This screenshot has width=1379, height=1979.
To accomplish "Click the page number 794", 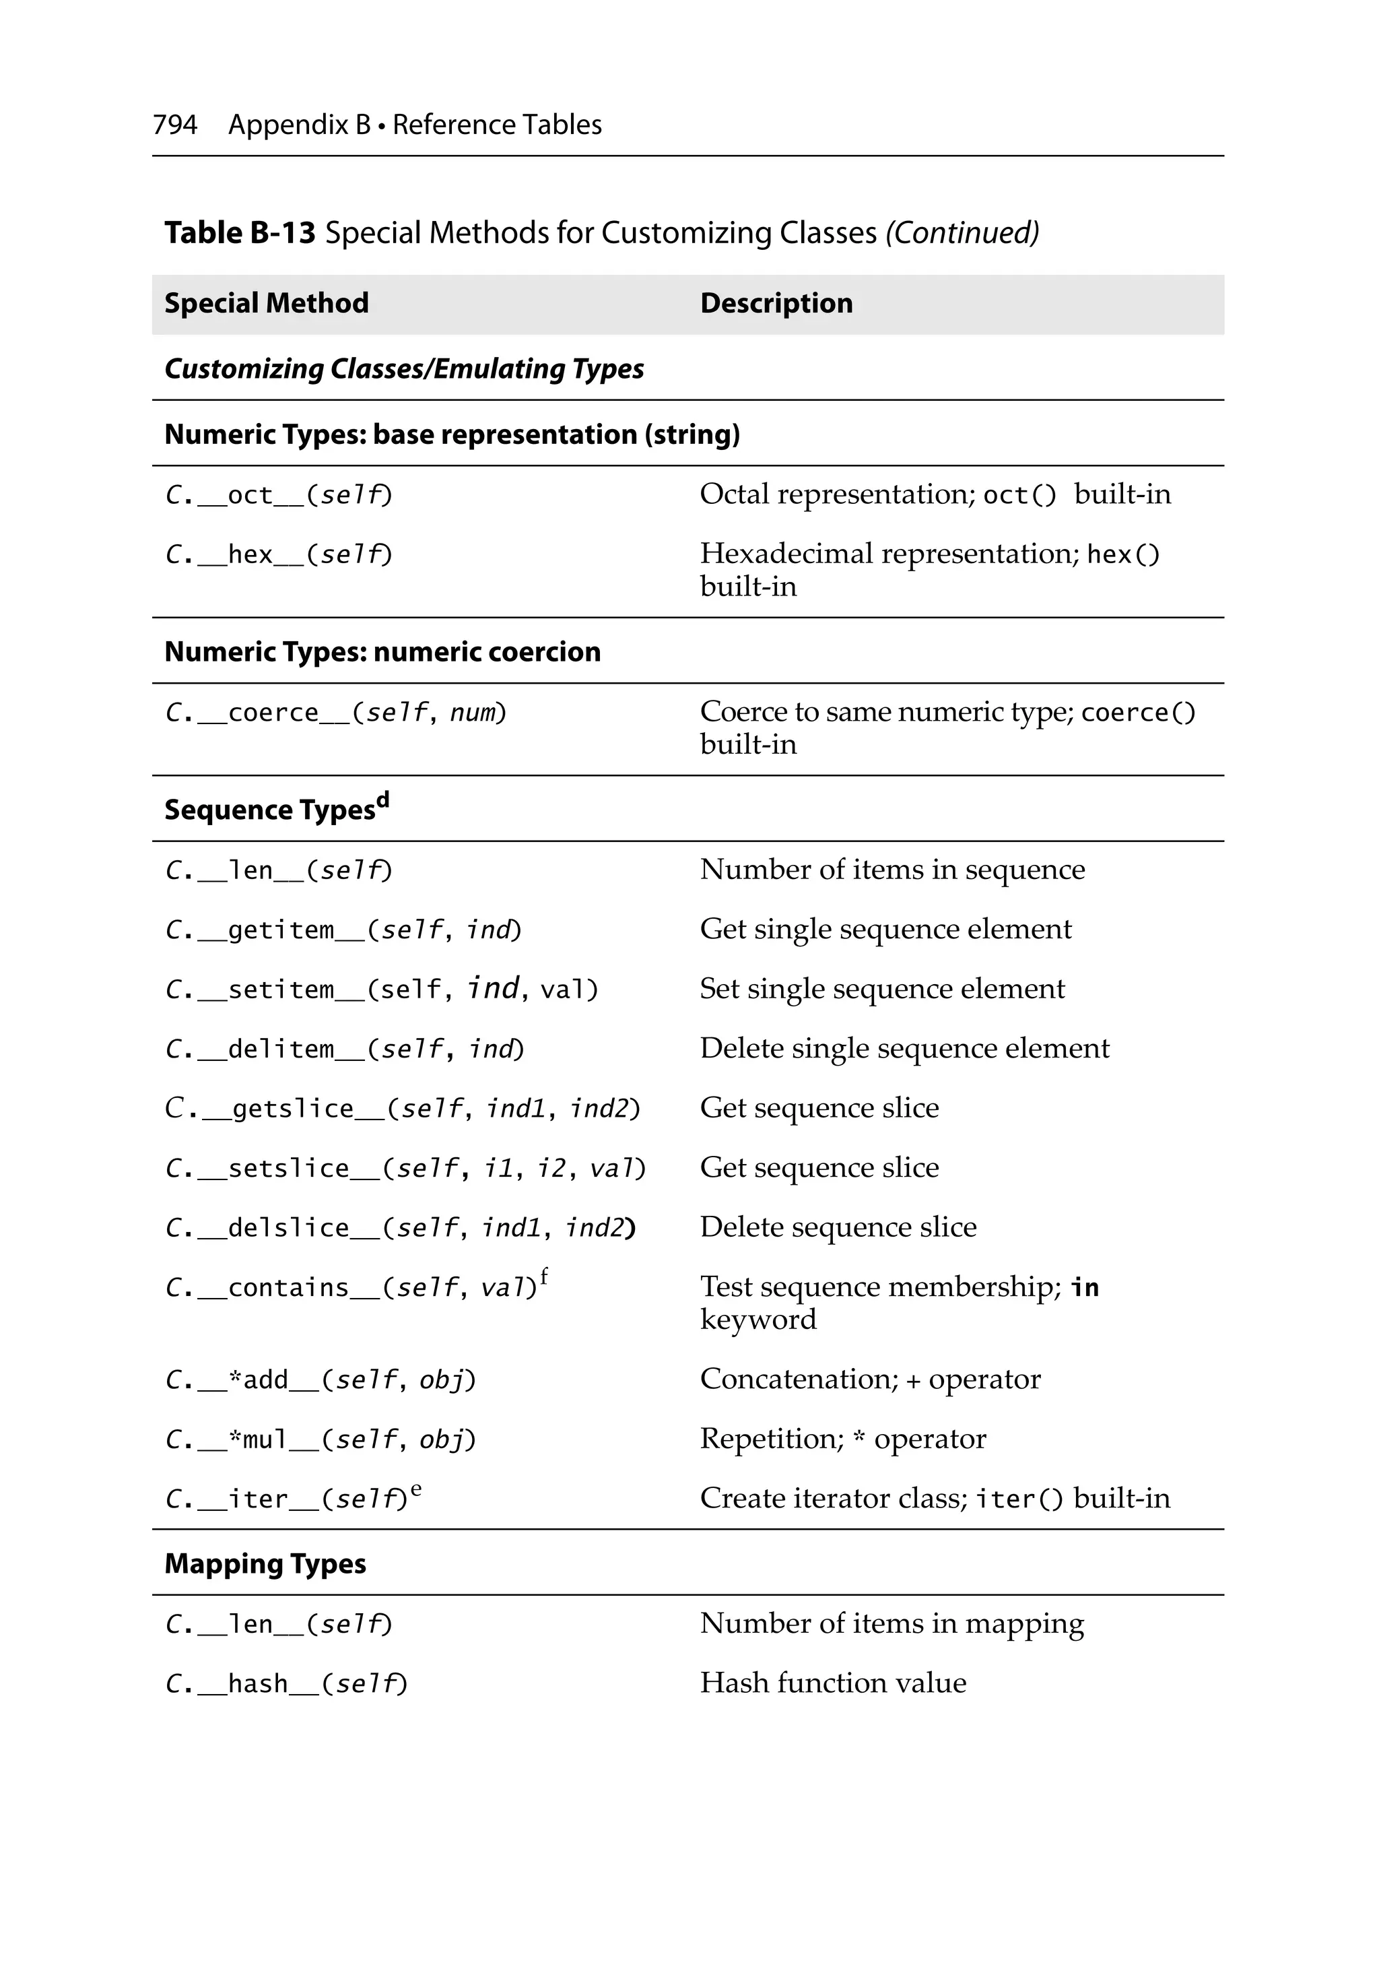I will tap(175, 125).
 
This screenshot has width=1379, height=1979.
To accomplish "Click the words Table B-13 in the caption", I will tap(240, 232).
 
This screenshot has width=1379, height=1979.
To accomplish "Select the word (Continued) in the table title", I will tap(962, 232).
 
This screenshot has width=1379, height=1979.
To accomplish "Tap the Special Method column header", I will tap(267, 303).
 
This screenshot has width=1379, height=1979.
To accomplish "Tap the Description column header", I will tap(776, 303).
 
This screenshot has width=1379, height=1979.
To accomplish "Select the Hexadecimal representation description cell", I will tap(929, 569).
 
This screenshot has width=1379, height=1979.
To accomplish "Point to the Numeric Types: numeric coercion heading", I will tap(382, 651).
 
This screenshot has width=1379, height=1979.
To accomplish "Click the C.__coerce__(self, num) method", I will tap(335, 713).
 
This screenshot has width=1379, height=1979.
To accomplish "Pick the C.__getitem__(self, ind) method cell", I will tap(343, 930).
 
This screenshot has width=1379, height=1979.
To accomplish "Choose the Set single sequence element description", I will tap(881, 989).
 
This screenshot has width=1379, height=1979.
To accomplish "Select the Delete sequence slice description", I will tap(838, 1227).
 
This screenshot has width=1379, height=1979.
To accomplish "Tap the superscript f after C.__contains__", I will tap(544, 1276).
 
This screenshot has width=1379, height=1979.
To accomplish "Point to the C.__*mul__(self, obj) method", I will tap(320, 1439).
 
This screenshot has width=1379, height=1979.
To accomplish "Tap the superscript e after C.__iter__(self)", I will tap(416, 1489).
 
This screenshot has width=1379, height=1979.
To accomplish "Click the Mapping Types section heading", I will tap(265, 1563).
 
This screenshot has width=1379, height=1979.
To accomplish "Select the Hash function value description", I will tap(832, 1683).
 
